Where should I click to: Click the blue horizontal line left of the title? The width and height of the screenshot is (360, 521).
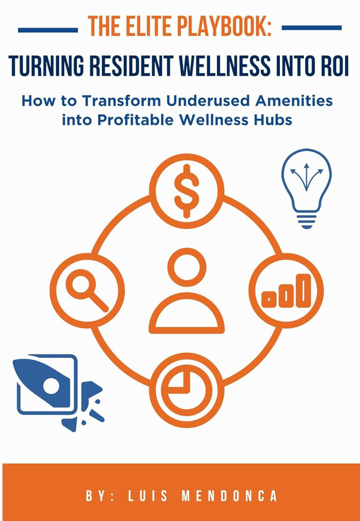[x=48, y=30]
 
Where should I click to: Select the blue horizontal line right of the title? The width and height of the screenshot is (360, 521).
[x=312, y=28]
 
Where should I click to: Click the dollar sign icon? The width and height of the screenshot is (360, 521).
[x=186, y=191]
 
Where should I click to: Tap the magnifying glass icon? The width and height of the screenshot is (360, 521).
[x=87, y=290]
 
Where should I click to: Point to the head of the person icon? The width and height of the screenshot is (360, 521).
[x=187, y=267]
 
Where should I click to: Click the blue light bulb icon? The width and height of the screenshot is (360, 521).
[x=307, y=188]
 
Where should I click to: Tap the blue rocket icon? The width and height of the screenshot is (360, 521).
[x=58, y=393]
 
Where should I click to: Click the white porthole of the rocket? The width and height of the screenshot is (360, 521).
[x=51, y=386]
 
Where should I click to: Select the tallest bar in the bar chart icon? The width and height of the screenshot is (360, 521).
[x=305, y=291]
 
